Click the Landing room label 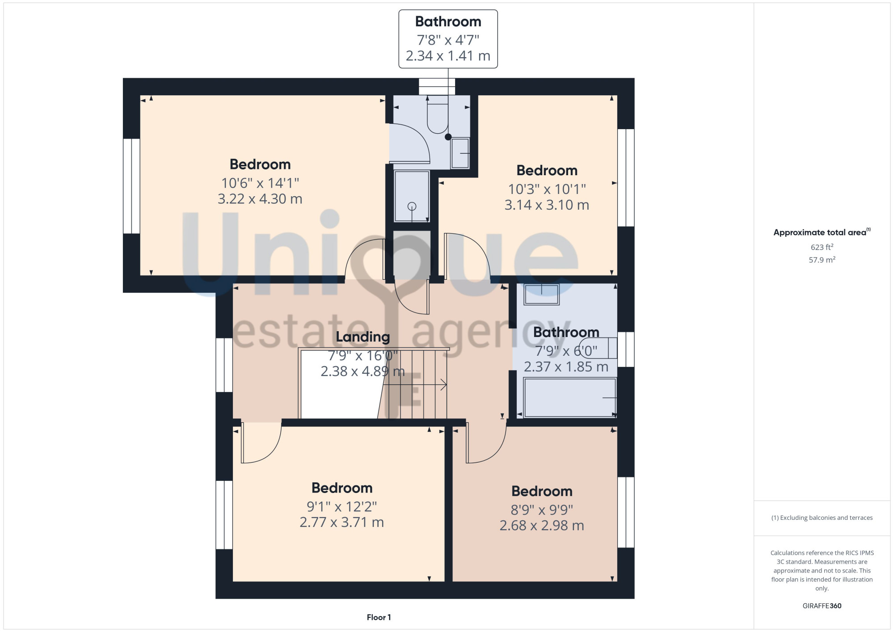[363, 337]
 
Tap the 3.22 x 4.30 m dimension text [260, 199]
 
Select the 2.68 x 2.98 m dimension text [542, 526]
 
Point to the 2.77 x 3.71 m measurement [342, 522]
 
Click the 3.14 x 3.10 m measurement [547, 205]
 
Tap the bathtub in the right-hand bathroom [570, 397]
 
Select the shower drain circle [412, 206]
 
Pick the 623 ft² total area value [822, 247]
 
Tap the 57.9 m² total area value [822, 260]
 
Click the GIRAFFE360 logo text [822, 606]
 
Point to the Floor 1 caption [379, 617]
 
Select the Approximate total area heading [822, 232]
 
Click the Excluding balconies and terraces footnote [822, 518]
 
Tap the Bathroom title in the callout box [448, 21]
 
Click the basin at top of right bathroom [541, 295]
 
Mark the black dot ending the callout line [448, 137]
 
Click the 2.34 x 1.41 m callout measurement [448, 56]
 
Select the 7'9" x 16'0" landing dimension [363, 356]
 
